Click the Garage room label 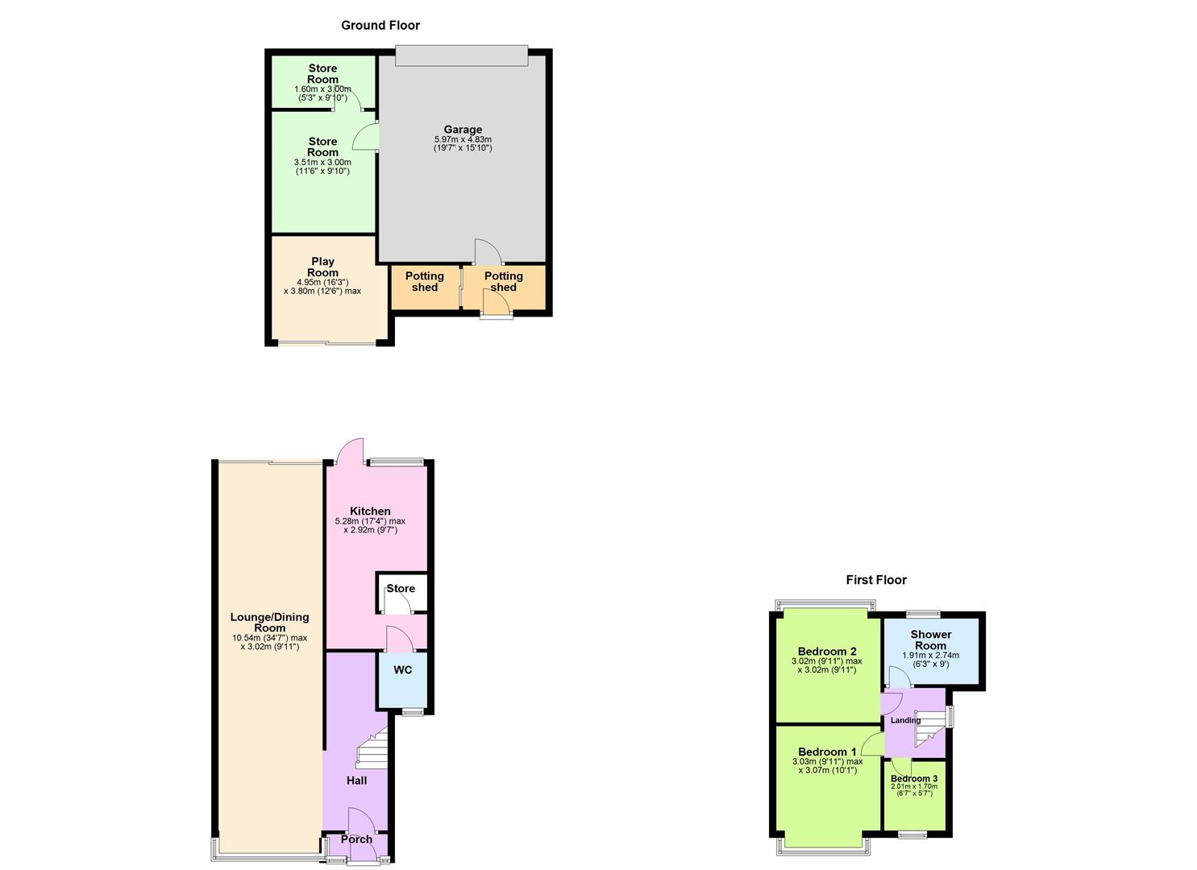(x=463, y=130)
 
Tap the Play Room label (x=322, y=267)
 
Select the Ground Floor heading (x=380, y=26)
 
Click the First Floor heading (x=876, y=580)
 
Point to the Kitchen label (x=370, y=512)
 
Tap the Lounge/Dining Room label (x=269, y=623)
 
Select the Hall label (x=356, y=781)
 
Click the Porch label (x=356, y=839)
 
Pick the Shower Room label (x=931, y=640)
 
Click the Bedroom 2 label (x=827, y=652)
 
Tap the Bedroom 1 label (x=827, y=752)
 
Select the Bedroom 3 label (x=914, y=779)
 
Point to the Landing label (x=905, y=720)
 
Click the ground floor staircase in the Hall (x=372, y=747)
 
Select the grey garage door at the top (x=462, y=56)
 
